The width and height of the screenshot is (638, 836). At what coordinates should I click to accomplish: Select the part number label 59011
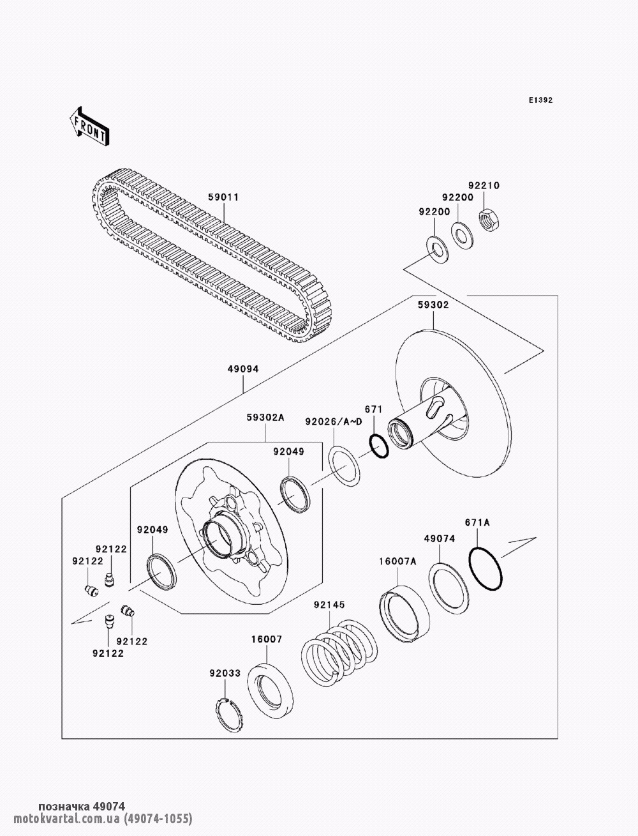point(223,197)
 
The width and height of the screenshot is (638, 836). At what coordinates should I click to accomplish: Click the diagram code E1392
point(540,100)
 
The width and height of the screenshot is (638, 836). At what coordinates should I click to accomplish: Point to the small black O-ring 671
point(378,446)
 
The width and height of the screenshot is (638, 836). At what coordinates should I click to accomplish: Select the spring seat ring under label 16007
point(270,690)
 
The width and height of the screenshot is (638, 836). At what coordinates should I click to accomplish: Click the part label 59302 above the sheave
point(433,305)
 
